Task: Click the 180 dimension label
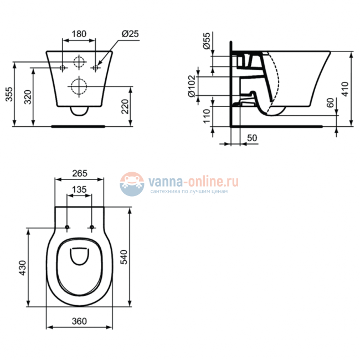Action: tap(80, 34)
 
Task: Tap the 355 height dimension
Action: tap(9, 95)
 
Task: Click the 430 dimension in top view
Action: tap(23, 267)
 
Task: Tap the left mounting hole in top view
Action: tap(68, 228)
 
